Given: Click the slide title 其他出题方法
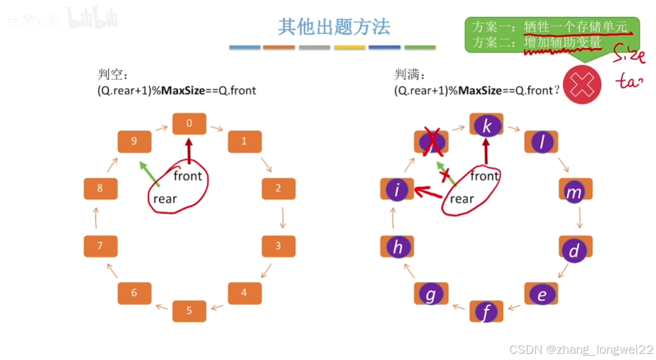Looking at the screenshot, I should [x=334, y=27].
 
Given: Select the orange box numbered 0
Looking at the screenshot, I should [x=189, y=123].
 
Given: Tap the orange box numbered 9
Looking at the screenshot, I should [x=134, y=141].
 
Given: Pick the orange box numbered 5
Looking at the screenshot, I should [x=189, y=311].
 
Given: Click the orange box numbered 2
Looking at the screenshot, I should [x=278, y=189].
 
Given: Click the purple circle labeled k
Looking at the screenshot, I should [x=487, y=126].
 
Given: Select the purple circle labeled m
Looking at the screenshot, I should [x=574, y=192].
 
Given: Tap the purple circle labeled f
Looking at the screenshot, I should [x=486, y=312].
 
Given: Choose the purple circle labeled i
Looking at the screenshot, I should [x=397, y=191].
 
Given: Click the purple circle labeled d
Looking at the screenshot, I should [x=575, y=250].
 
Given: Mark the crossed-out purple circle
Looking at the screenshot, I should [x=431, y=142].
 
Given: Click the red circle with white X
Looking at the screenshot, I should [x=582, y=84].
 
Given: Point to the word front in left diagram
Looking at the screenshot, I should [x=187, y=176].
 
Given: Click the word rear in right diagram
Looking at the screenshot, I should [x=462, y=198].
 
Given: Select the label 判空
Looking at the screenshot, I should [x=112, y=75].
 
